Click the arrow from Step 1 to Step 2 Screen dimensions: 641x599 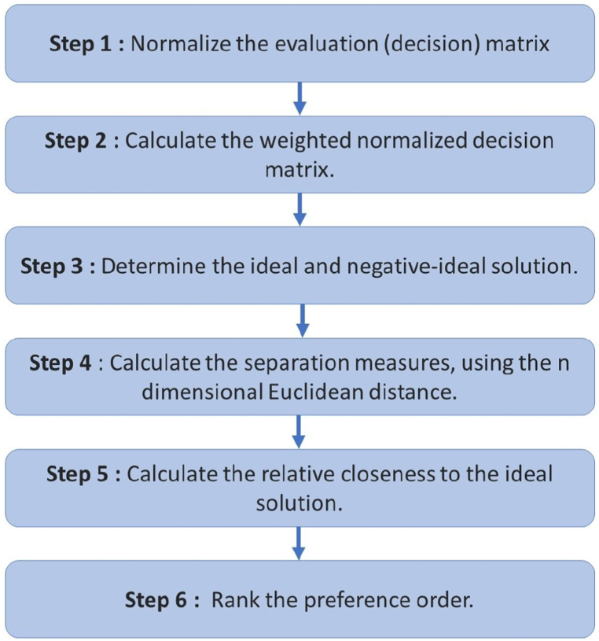(x=299, y=98)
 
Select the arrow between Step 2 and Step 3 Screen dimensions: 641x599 (x=299, y=209)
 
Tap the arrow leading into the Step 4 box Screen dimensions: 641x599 (x=299, y=321)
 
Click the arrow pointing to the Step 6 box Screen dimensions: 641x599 (x=299, y=543)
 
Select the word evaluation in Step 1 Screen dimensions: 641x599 (x=300, y=43)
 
